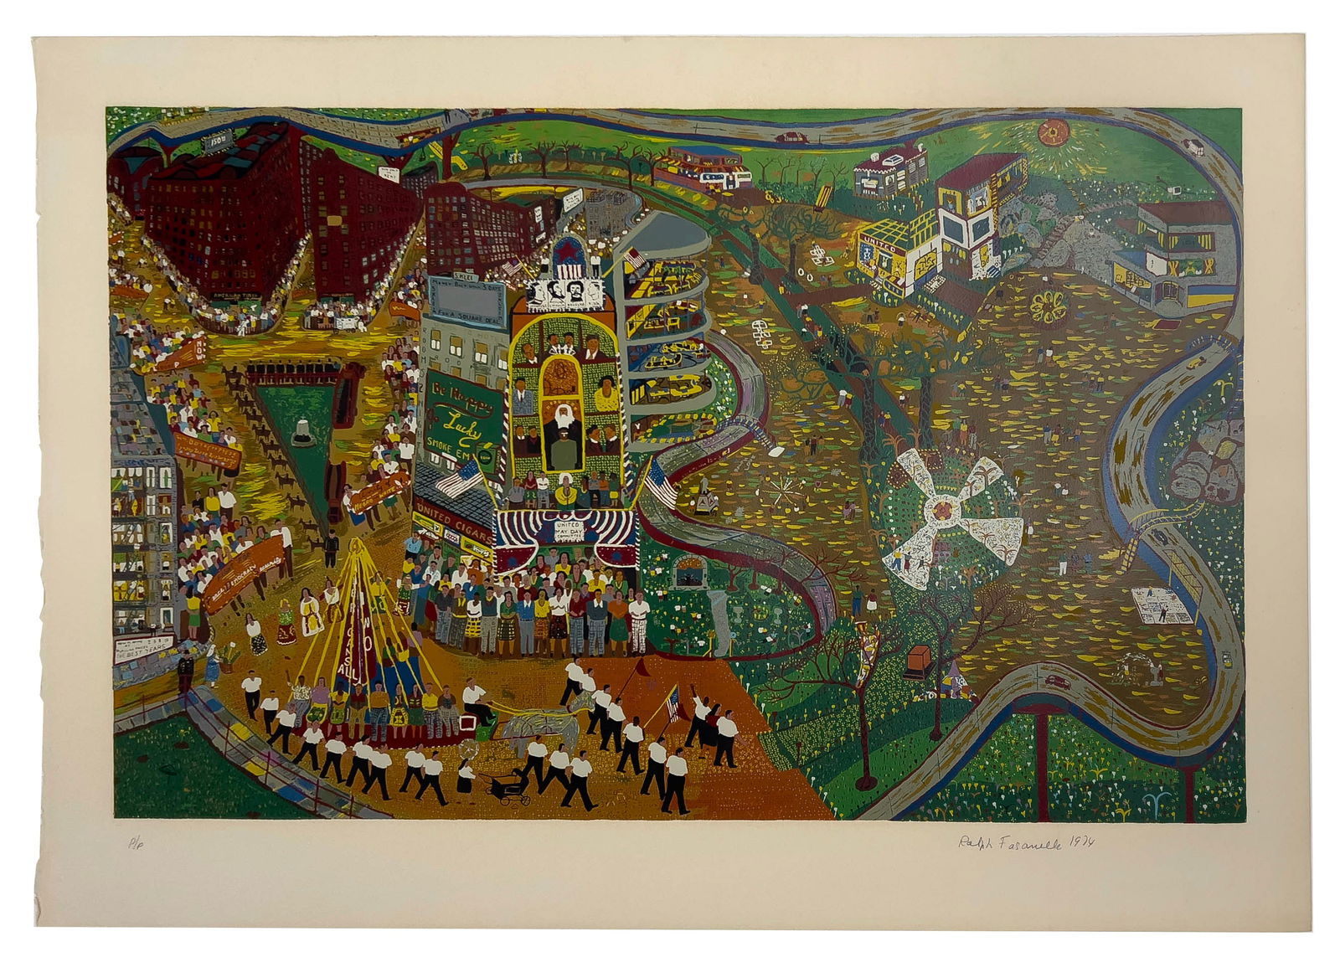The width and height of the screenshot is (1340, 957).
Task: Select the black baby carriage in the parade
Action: tap(508, 785)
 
